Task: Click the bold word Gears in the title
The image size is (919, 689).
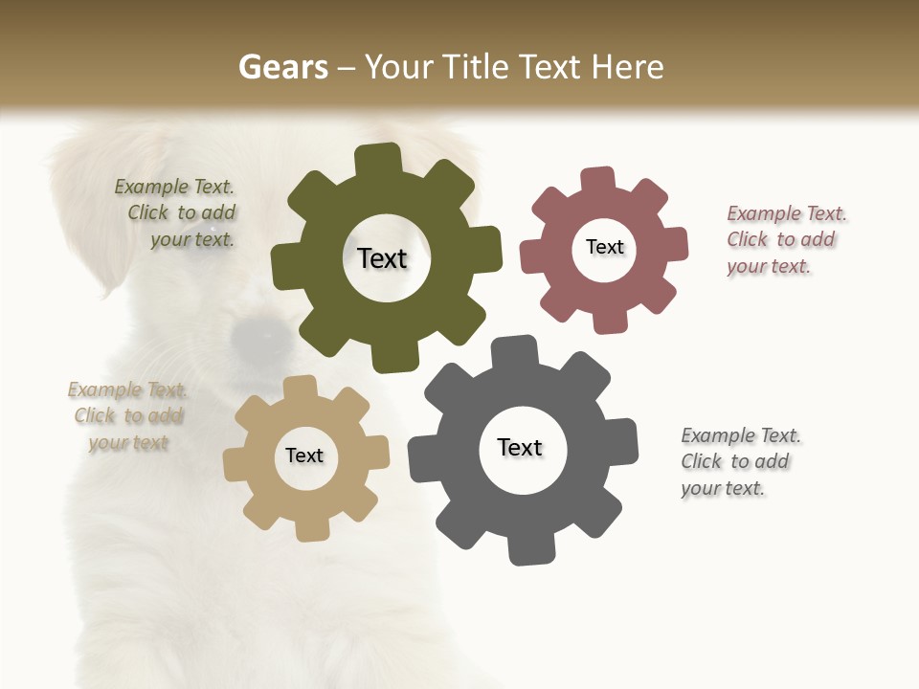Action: tap(283, 67)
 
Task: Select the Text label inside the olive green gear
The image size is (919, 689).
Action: tap(383, 258)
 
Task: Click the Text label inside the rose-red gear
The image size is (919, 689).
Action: tap(605, 247)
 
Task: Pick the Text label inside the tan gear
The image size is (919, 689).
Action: tap(304, 456)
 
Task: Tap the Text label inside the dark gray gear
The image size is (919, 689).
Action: tap(520, 448)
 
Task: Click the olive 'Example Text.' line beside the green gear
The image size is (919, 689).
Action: tap(174, 187)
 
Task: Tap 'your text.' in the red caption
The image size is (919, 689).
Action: tap(769, 267)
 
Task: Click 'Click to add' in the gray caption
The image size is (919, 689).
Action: tap(735, 461)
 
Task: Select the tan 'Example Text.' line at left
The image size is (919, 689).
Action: tap(127, 389)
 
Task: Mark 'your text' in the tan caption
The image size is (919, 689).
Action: tap(128, 443)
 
